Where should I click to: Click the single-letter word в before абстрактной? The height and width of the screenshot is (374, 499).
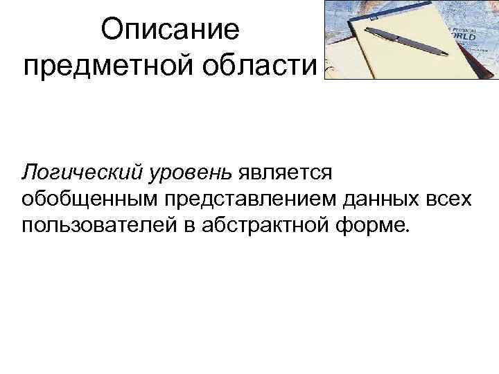coord(187,226)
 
